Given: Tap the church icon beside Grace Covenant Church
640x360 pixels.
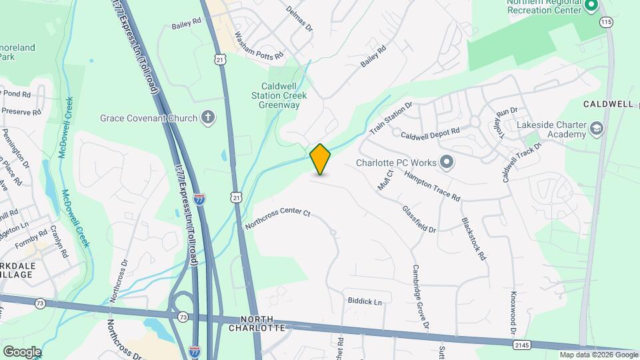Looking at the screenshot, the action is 208,118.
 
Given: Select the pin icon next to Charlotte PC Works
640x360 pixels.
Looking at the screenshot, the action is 447,162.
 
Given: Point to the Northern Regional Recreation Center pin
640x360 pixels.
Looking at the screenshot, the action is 590,7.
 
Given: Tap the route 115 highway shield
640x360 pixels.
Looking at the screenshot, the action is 605,22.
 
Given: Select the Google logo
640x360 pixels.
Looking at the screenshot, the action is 22,351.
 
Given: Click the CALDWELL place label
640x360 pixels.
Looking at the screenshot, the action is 607,105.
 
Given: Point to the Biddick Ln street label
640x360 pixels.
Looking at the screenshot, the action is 365,301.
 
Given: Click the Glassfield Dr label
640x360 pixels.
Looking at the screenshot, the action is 419,219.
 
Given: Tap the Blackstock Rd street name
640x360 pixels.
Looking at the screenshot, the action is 473,238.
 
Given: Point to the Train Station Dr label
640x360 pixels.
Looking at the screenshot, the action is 392,117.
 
